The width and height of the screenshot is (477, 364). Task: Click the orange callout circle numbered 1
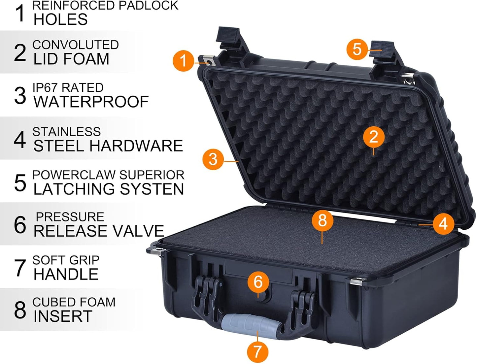(x=183, y=61)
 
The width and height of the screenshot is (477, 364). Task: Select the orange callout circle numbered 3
(x=213, y=159)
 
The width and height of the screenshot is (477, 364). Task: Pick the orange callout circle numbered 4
(x=443, y=224)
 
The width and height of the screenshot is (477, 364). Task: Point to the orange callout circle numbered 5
(x=357, y=49)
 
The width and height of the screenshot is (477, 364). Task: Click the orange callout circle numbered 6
(x=258, y=282)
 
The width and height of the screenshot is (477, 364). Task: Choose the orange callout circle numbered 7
(x=257, y=351)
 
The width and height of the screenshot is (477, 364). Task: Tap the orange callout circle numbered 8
(x=323, y=220)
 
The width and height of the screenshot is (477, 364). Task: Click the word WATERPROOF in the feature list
(x=91, y=102)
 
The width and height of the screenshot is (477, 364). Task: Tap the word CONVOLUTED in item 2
(x=76, y=45)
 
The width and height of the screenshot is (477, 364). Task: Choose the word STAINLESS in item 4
(x=66, y=132)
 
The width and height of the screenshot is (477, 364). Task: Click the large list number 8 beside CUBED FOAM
(x=20, y=310)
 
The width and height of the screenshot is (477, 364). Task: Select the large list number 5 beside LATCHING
(x=20, y=183)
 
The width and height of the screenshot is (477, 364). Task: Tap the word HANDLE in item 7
(x=66, y=274)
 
